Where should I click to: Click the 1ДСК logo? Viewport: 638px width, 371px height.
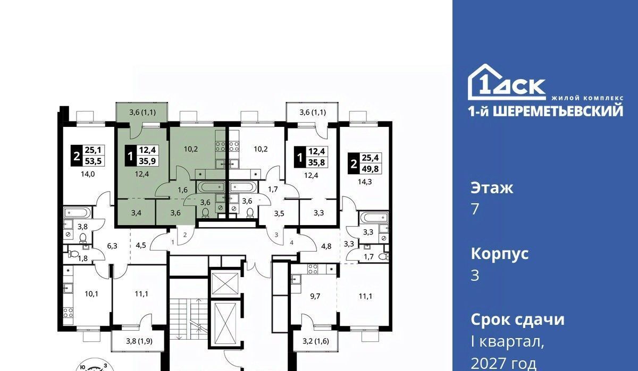point(507,82)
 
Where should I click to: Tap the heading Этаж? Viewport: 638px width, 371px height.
point(492,188)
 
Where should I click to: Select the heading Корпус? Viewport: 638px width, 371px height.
point(500,254)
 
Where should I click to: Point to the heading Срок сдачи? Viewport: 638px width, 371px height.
point(517,320)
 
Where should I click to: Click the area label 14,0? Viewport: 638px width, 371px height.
point(88,174)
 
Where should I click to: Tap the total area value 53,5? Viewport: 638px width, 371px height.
point(93,161)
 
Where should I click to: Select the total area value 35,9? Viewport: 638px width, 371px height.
point(147,161)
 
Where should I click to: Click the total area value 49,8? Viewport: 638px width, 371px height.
point(370,169)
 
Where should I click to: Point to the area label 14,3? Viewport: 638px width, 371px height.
point(365,182)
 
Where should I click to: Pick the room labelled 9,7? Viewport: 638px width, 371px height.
point(315,296)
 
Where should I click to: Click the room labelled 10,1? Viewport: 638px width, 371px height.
point(91,294)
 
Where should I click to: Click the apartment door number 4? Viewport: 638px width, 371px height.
point(291,243)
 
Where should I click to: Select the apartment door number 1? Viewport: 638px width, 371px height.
point(173,242)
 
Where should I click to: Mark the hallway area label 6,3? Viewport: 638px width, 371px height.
point(112,246)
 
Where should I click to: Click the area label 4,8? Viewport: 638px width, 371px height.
point(326,246)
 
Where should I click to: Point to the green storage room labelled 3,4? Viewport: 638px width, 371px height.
point(136,213)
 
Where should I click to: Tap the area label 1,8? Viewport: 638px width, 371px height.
point(83,258)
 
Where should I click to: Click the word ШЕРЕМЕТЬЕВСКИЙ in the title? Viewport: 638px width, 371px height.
point(558,111)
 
